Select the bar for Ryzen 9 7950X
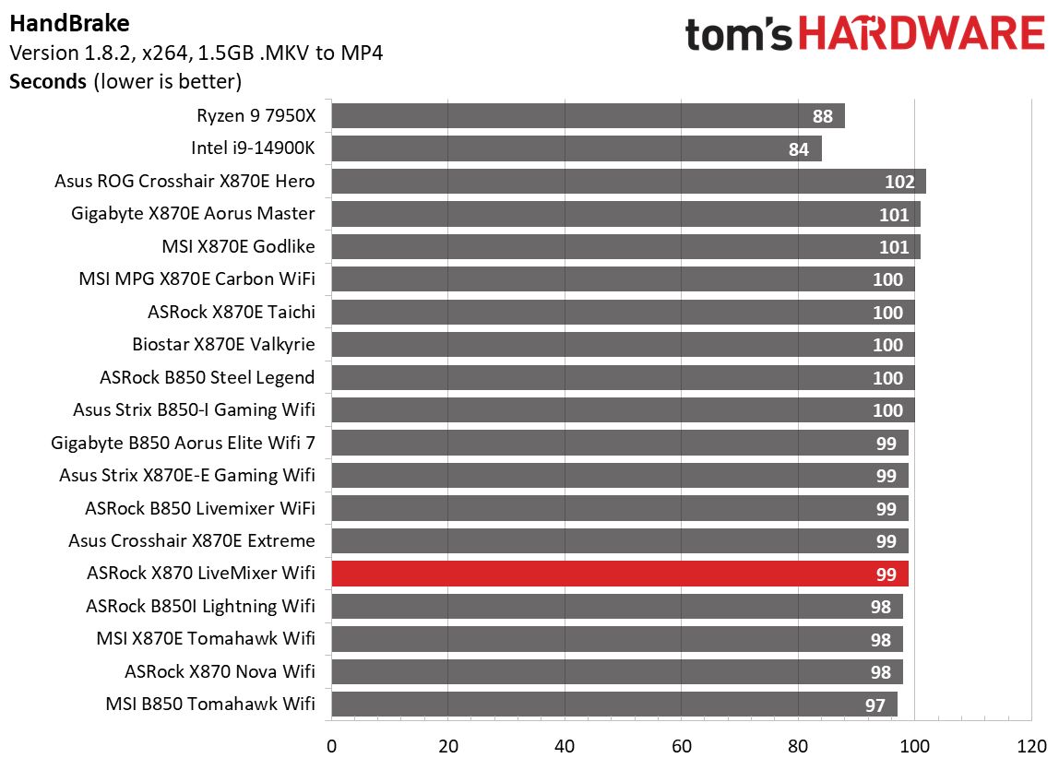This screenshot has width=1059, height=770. tap(588, 116)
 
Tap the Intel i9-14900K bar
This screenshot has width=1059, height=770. tap(576, 148)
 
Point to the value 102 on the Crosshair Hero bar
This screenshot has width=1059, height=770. tap(899, 182)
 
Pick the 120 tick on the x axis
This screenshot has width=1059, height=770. tap(1030, 745)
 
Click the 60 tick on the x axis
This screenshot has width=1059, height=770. tap(681, 745)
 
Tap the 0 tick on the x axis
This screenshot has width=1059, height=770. tap(331, 745)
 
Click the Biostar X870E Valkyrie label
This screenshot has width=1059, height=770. tap(223, 345)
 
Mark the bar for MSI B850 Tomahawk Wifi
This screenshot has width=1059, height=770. tap(613, 705)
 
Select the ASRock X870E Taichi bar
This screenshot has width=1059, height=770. tap(623, 313)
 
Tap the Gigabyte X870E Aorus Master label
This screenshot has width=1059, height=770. tap(193, 214)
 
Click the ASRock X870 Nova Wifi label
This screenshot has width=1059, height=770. tap(220, 672)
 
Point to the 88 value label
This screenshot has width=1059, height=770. tap(823, 116)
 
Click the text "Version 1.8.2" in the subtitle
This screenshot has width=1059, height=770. tap(65, 53)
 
